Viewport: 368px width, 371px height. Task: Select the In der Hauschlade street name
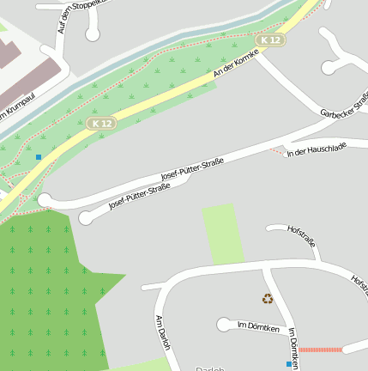pos(317,150)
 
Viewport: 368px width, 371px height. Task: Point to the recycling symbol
pos(268,299)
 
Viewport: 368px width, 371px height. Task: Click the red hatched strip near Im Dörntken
pos(320,350)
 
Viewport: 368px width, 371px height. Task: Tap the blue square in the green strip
pos(39,156)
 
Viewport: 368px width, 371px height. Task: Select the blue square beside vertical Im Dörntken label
pos(288,364)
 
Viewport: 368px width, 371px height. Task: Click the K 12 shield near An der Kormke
pos(270,40)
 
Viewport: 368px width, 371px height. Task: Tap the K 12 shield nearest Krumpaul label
pos(100,124)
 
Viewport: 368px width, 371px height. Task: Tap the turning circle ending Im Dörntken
pos(224,325)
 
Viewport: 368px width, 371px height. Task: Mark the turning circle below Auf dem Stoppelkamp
pos(93,34)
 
